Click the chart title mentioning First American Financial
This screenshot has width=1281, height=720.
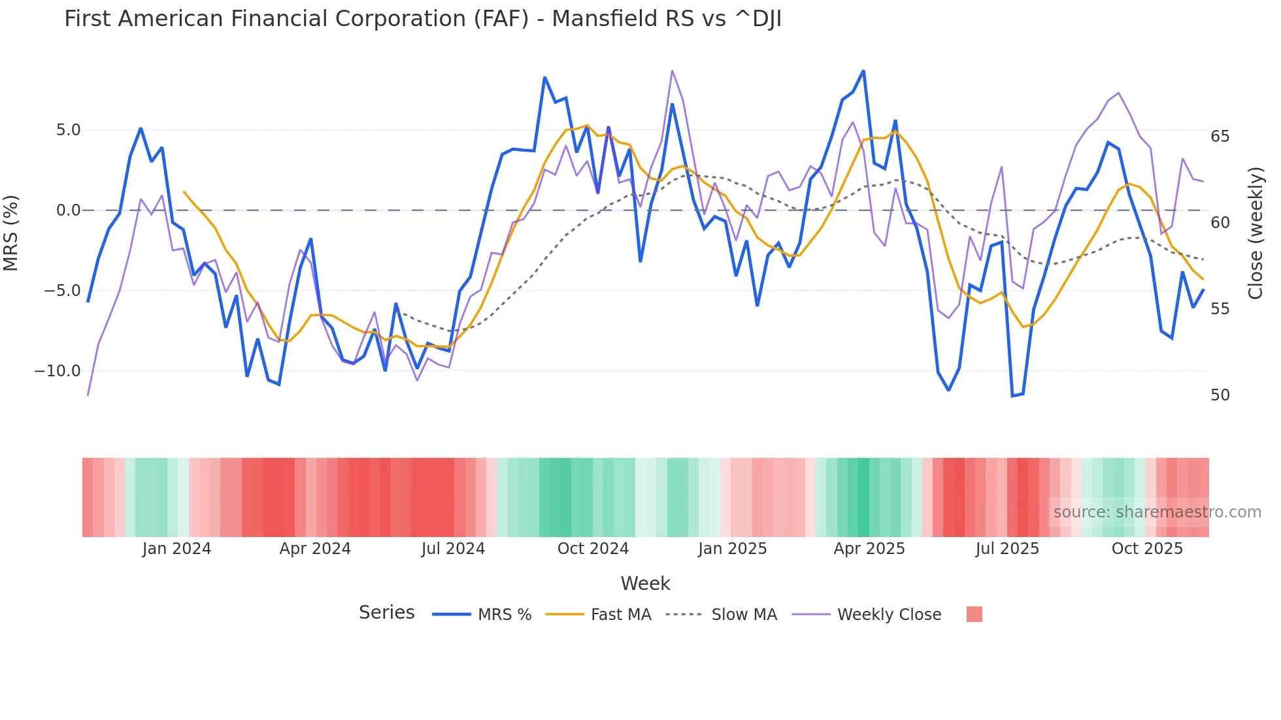[422, 19]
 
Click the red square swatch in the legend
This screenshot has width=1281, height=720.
[974, 614]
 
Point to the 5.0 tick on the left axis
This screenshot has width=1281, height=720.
[68, 130]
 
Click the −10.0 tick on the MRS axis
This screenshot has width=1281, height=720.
[58, 371]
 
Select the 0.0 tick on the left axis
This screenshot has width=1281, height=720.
[68, 210]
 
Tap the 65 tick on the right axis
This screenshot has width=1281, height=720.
[1220, 137]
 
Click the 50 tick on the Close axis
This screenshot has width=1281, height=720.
[1220, 395]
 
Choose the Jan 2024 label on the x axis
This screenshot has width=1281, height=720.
[176, 549]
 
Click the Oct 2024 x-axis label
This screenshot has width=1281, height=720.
[593, 549]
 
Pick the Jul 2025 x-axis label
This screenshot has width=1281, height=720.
[1007, 549]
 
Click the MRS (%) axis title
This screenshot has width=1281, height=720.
[11, 233]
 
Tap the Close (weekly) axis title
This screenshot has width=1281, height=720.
[1255, 233]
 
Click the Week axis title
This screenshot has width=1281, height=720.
[645, 583]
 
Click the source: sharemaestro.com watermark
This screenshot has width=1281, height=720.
[1157, 512]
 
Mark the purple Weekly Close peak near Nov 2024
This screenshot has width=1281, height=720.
[672, 71]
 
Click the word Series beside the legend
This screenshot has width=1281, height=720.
[386, 613]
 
